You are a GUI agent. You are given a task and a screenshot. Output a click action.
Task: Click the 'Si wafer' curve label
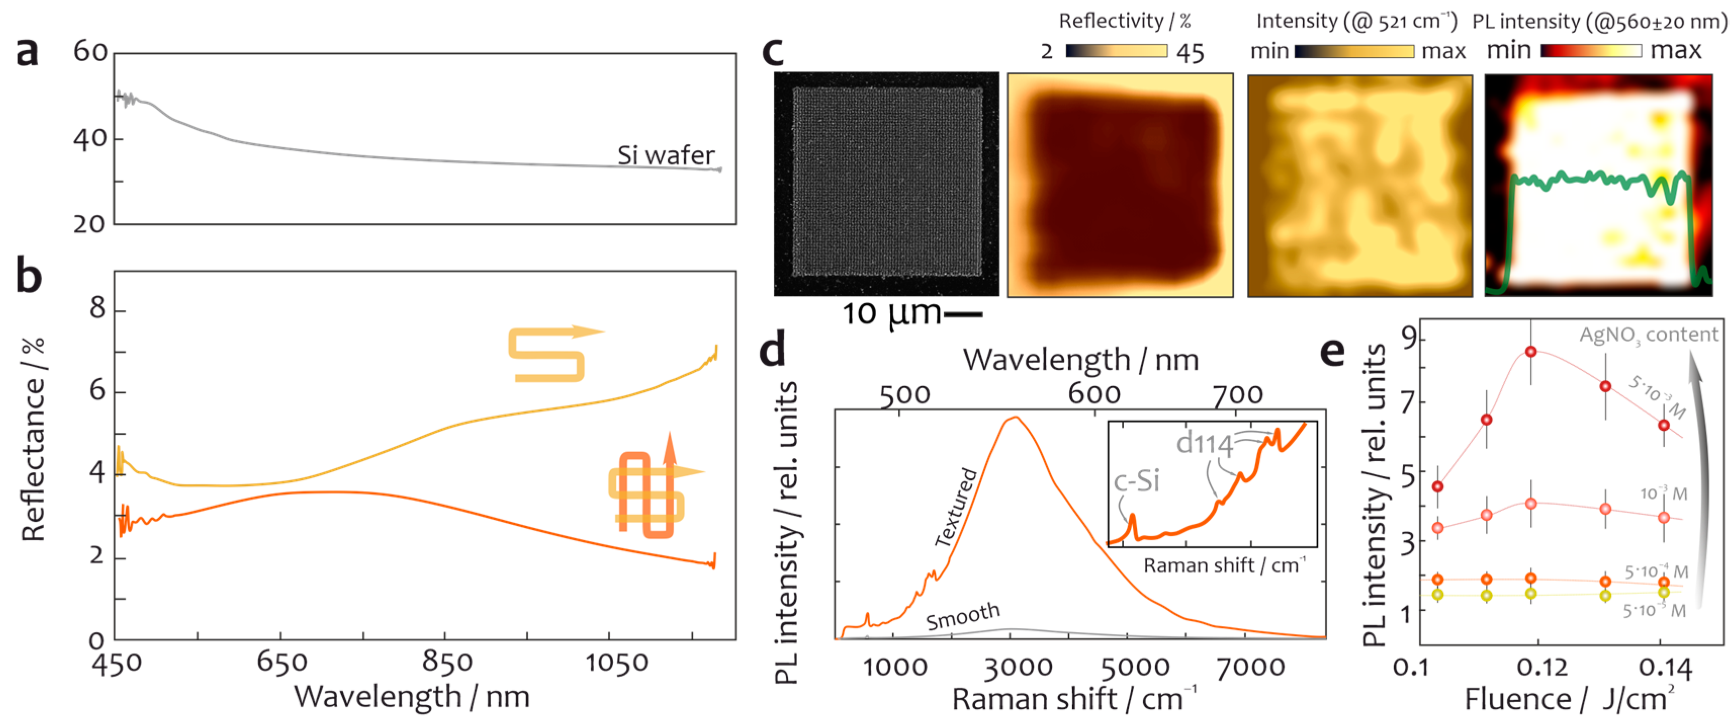click(x=665, y=155)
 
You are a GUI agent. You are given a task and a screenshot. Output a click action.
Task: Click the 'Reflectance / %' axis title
click(x=33, y=439)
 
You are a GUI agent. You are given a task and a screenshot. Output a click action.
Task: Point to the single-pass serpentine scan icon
click(x=553, y=353)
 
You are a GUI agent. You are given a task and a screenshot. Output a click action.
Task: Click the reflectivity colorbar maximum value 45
click(x=1190, y=53)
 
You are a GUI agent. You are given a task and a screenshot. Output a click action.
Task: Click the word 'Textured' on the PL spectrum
click(x=955, y=507)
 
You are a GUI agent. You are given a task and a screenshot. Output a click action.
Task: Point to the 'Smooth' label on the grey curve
click(x=963, y=616)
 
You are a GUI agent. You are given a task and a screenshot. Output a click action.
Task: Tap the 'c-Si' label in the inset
click(x=1136, y=481)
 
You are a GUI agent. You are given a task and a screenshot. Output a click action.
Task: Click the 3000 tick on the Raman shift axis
click(x=1018, y=667)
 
